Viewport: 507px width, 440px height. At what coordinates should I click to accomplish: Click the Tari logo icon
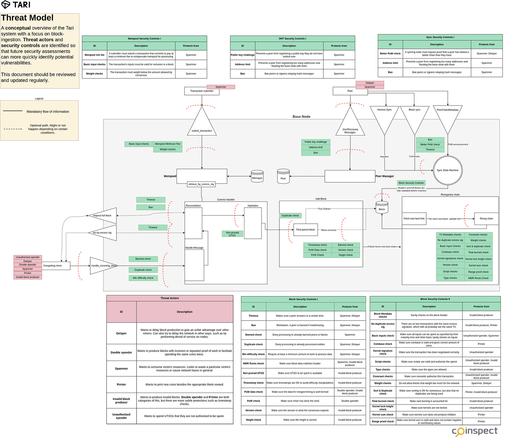(x=6, y=5)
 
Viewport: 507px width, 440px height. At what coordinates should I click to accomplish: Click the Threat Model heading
(x=27, y=18)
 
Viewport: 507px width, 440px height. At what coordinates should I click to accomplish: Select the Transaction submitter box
(x=202, y=91)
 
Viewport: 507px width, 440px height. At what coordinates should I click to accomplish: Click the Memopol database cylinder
(x=257, y=176)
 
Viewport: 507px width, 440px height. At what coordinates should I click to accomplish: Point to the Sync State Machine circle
(x=447, y=170)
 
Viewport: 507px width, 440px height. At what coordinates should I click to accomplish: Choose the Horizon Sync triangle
(x=384, y=117)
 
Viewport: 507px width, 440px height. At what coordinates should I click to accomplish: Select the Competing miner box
(x=56, y=266)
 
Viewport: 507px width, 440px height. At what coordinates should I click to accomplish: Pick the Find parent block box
(x=305, y=230)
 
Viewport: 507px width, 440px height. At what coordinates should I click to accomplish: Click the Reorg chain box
(x=486, y=219)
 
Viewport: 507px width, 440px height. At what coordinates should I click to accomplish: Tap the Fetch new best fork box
(x=414, y=219)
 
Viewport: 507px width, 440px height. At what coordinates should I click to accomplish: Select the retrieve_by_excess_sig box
(x=201, y=184)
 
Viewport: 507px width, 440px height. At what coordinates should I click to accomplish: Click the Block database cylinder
(x=382, y=208)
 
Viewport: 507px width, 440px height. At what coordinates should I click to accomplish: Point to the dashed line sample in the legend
(x=13, y=129)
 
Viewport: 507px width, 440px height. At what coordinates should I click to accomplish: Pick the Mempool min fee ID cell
(x=94, y=55)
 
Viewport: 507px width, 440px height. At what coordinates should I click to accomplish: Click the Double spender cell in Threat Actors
(x=121, y=353)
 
